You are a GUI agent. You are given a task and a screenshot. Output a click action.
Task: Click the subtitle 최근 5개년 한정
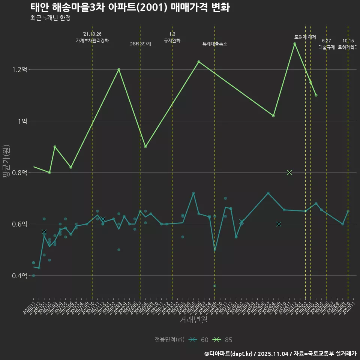click(x=50, y=18)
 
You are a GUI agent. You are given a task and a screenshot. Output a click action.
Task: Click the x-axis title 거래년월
click(x=193, y=319)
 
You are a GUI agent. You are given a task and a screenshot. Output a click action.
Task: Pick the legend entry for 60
click(x=199, y=340)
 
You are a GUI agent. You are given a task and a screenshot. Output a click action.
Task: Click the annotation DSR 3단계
click(x=140, y=44)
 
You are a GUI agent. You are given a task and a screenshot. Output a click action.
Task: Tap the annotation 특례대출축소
click(x=215, y=44)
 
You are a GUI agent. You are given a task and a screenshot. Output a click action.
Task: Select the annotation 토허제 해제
click(x=305, y=37)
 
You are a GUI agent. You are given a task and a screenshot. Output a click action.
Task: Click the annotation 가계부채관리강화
click(x=92, y=40)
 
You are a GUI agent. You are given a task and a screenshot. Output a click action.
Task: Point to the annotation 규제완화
click(x=172, y=40)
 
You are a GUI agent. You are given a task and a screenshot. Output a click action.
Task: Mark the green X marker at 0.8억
click(x=289, y=172)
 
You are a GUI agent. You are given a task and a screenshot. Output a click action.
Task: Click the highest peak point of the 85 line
click(x=295, y=43)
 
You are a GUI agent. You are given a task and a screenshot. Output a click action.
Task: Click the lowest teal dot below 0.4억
click(x=215, y=286)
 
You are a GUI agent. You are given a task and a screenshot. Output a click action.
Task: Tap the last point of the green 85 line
click(x=316, y=95)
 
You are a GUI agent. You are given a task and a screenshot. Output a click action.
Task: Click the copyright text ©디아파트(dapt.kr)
click(x=229, y=354)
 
